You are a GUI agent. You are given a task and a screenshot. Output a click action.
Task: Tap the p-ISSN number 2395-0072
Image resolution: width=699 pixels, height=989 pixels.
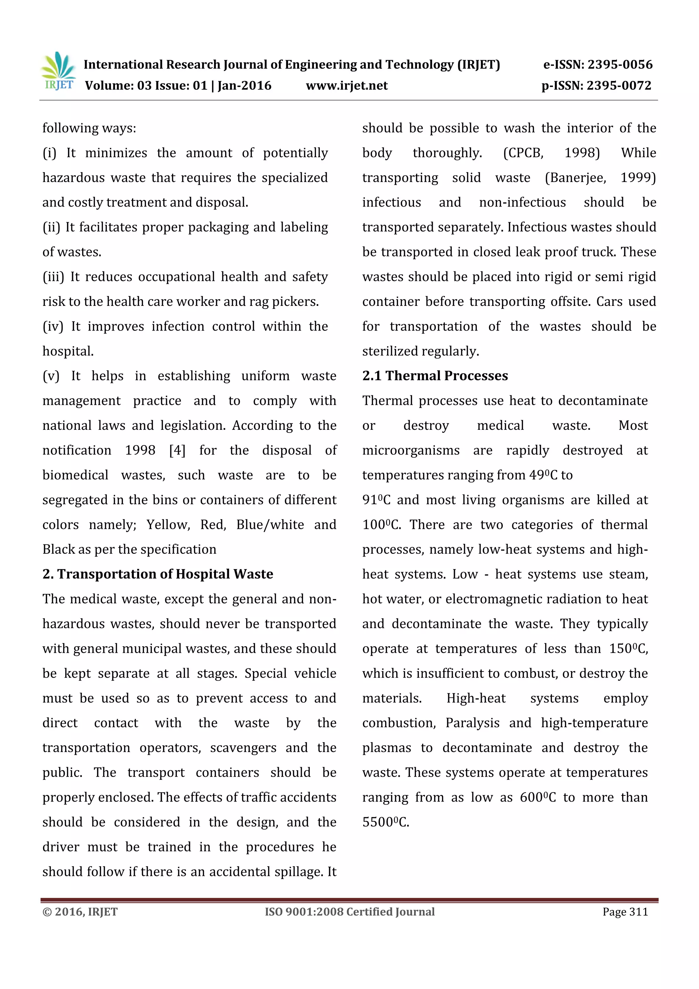(618, 86)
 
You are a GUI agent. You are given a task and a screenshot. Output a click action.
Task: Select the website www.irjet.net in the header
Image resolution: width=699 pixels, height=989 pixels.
(347, 86)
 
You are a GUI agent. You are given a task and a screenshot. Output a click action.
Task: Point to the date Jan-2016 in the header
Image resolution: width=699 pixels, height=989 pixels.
(244, 86)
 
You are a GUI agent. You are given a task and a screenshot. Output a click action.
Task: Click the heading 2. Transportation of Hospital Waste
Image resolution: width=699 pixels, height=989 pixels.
(158, 574)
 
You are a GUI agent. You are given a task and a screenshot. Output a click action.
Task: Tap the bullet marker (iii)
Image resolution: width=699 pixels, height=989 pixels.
(53, 277)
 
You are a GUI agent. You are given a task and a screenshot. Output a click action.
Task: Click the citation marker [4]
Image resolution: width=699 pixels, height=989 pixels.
(177, 451)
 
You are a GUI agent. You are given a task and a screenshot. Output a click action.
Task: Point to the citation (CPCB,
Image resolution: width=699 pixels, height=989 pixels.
(523, 153)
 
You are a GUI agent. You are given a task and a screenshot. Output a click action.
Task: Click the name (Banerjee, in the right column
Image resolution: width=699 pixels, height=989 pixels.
(575, 178)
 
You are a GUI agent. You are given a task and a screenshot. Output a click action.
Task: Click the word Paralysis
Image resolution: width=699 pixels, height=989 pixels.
(472, 723)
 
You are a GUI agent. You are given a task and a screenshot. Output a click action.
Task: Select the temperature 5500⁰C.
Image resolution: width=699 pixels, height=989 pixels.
(385, 822)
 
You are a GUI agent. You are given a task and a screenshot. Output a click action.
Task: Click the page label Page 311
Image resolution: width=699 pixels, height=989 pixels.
(625, 912)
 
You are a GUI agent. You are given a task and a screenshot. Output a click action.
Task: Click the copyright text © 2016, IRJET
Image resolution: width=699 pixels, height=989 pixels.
(80, 912)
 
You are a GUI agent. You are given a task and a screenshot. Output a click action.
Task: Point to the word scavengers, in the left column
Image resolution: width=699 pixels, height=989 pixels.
(243, 748)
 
